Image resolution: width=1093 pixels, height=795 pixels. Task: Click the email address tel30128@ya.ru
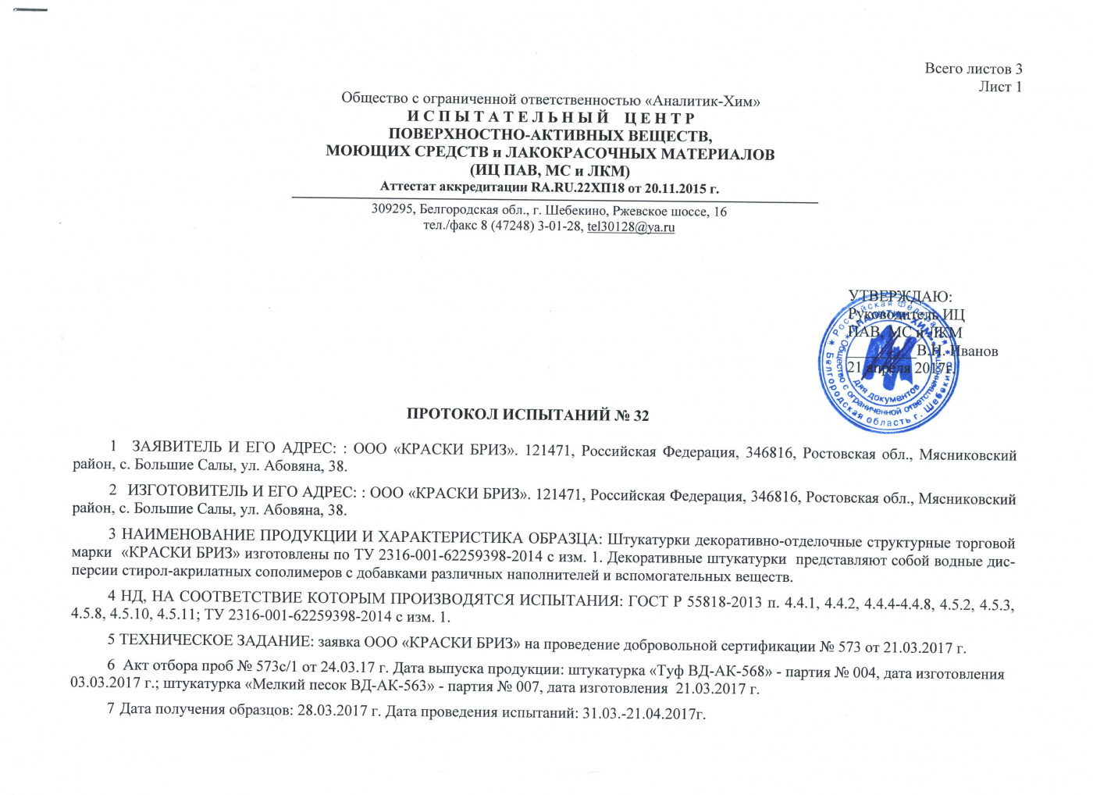point(631,227)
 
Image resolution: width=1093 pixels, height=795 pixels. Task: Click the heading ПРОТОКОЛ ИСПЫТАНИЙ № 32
point(528,415)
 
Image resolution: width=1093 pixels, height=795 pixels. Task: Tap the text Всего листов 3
point(973,69)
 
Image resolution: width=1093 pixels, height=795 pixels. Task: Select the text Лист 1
point(1000,87)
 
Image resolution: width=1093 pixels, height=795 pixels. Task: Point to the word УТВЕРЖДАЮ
point(899,297)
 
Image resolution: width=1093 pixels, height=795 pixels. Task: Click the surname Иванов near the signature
point(973,351)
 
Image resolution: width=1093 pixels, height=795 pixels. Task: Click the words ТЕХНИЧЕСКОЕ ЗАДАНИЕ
point(214,641)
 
